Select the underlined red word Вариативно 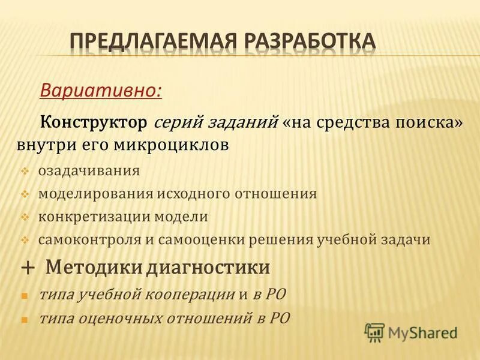click(x=100, y=90)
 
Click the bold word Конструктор click(x=93, y=122)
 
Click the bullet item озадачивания click(x=89, y=170)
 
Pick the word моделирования click(x=97, y=194)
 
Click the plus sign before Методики click(x=27, y=268)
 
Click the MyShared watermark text click(x=423, y=332)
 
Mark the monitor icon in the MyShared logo click(x=374, y=332)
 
